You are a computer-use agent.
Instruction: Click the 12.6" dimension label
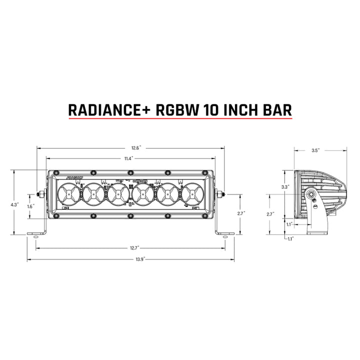[x=136, y=148]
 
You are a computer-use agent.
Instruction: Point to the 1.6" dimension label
[x=31, y=206]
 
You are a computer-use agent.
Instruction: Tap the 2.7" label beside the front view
[x=241, y=212]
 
